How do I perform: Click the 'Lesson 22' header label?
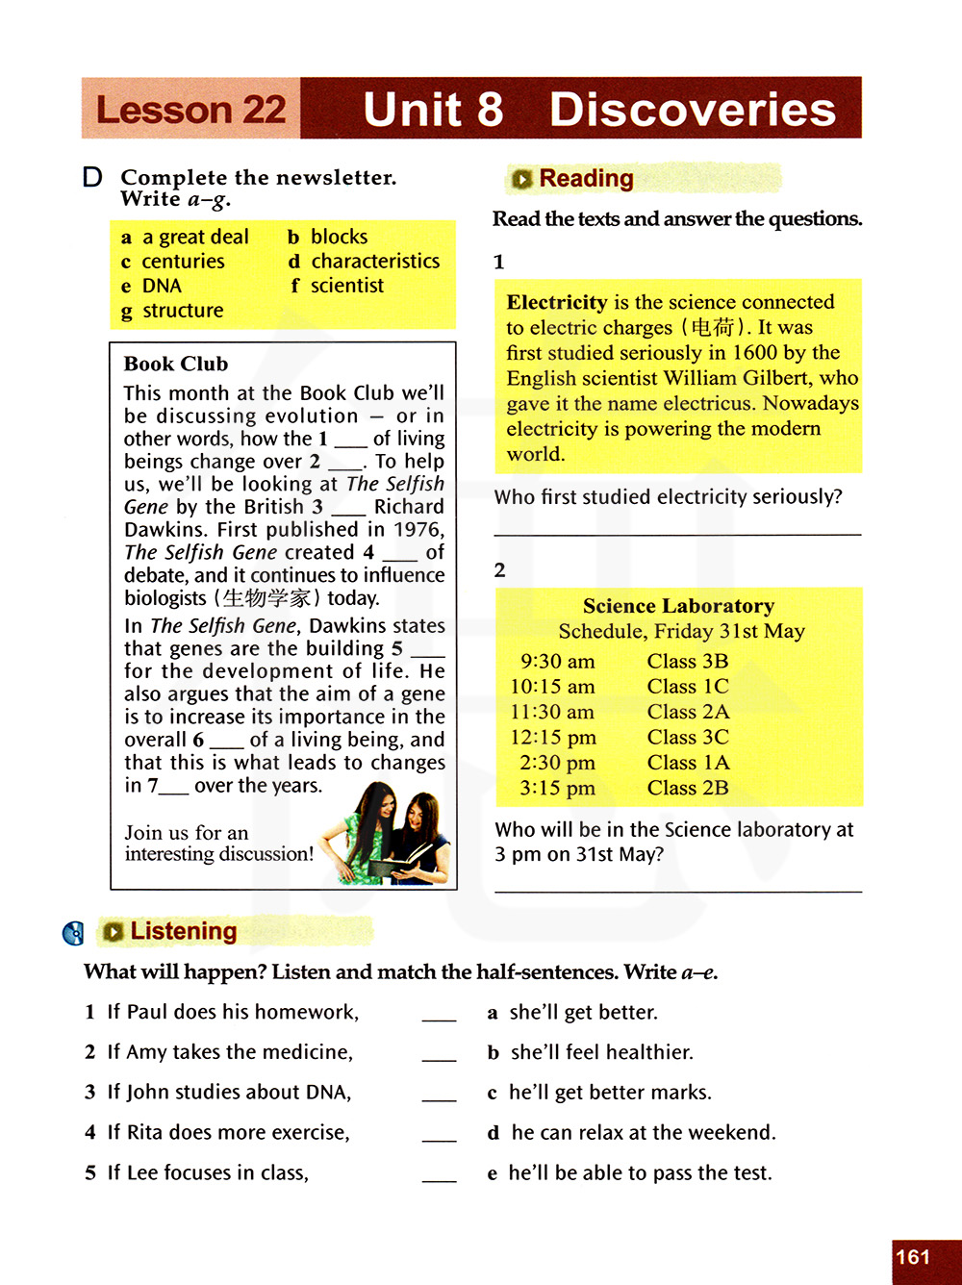coord(190,110)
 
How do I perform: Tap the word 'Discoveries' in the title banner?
coord(692,110)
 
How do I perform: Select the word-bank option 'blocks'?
coord(339,237)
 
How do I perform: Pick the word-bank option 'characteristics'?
coord(375,262)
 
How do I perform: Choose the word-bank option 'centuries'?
coord(183,262)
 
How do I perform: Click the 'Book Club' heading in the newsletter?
coord(176,364)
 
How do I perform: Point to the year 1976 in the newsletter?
coord(418,530)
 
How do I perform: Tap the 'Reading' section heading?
coord(586,179)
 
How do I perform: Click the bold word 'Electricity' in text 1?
coord(557,302)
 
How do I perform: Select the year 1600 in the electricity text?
coord(754,353)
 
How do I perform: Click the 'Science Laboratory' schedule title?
coord(678,606)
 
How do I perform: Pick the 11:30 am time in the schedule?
coord(552,713)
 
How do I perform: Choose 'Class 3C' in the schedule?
coord(688,738)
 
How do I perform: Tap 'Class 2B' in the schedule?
coord(688,789)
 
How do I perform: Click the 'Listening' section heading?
coord(183,931)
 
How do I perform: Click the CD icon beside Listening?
coord(73,933)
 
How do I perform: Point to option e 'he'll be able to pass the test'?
coord(640,1173)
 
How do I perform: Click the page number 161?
coord(913,1257)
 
